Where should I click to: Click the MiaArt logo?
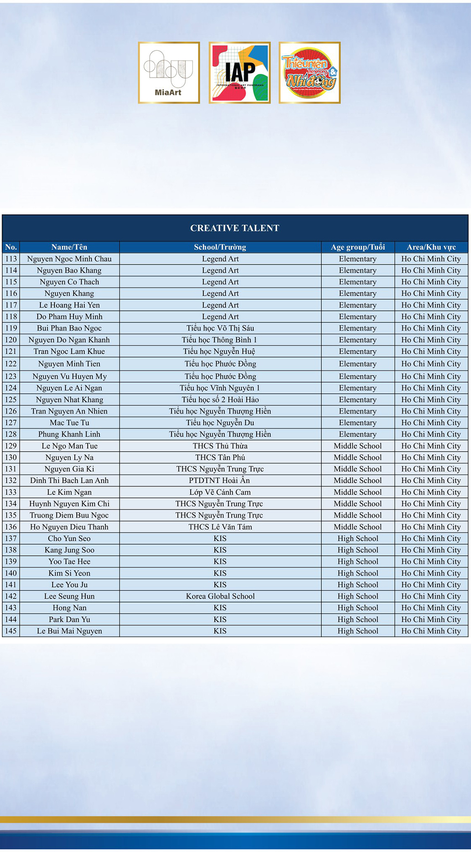169,72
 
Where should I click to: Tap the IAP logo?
239,72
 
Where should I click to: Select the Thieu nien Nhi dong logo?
309,72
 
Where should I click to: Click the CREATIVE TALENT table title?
235,228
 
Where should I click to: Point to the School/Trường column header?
220,247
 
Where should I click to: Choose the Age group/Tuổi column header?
357,247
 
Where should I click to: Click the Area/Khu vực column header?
431,247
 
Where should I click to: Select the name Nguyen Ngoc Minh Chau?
69,259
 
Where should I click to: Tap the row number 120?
11,340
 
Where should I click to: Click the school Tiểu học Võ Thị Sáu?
220,328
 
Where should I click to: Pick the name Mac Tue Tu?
69,422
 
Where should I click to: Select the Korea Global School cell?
220,596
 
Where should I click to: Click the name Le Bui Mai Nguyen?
69,631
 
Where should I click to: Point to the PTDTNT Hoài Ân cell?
220,480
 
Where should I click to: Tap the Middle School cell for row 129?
357,446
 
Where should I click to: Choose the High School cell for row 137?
357,538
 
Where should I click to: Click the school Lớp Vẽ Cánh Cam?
220,492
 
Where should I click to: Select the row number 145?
11,631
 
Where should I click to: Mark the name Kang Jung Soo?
69,550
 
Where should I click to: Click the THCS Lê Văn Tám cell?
220,527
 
